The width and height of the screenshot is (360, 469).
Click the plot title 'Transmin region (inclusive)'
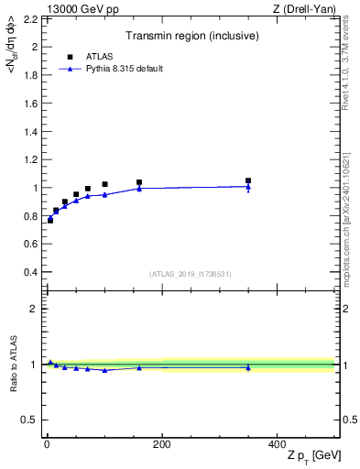[x=190, y=38]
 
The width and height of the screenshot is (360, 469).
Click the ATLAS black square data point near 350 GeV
[x=248, y=180]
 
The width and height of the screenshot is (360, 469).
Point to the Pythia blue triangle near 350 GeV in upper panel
[x=248, y=187]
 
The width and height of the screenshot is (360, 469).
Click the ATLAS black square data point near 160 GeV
[x=139, y=182]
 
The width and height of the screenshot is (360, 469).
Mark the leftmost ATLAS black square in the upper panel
[x=50, y=220]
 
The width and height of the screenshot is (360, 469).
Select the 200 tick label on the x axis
[x=162, y=444]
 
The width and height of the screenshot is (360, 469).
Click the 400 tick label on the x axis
[x=277, y=444]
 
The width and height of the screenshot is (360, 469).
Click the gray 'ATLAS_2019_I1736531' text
[x=191, y=274]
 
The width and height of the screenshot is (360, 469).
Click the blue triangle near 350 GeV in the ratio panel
[x=248, y=367]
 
